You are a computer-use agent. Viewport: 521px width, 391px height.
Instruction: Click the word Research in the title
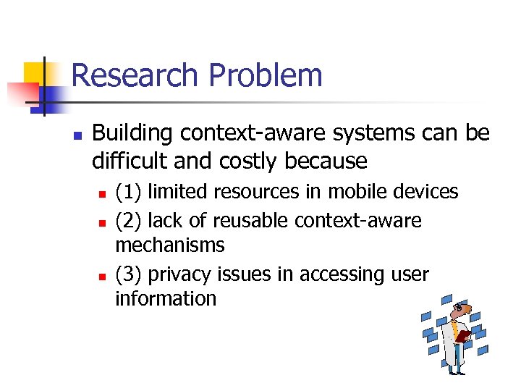133,75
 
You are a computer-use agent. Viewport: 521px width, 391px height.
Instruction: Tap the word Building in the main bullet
133,134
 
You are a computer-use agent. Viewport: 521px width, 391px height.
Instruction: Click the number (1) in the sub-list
129,192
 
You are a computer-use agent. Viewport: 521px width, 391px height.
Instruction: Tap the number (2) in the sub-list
129,220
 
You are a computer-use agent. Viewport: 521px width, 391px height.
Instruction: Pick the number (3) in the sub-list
129,274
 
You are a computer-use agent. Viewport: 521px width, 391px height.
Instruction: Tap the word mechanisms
170,245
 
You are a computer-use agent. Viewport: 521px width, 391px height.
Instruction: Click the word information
166,299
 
